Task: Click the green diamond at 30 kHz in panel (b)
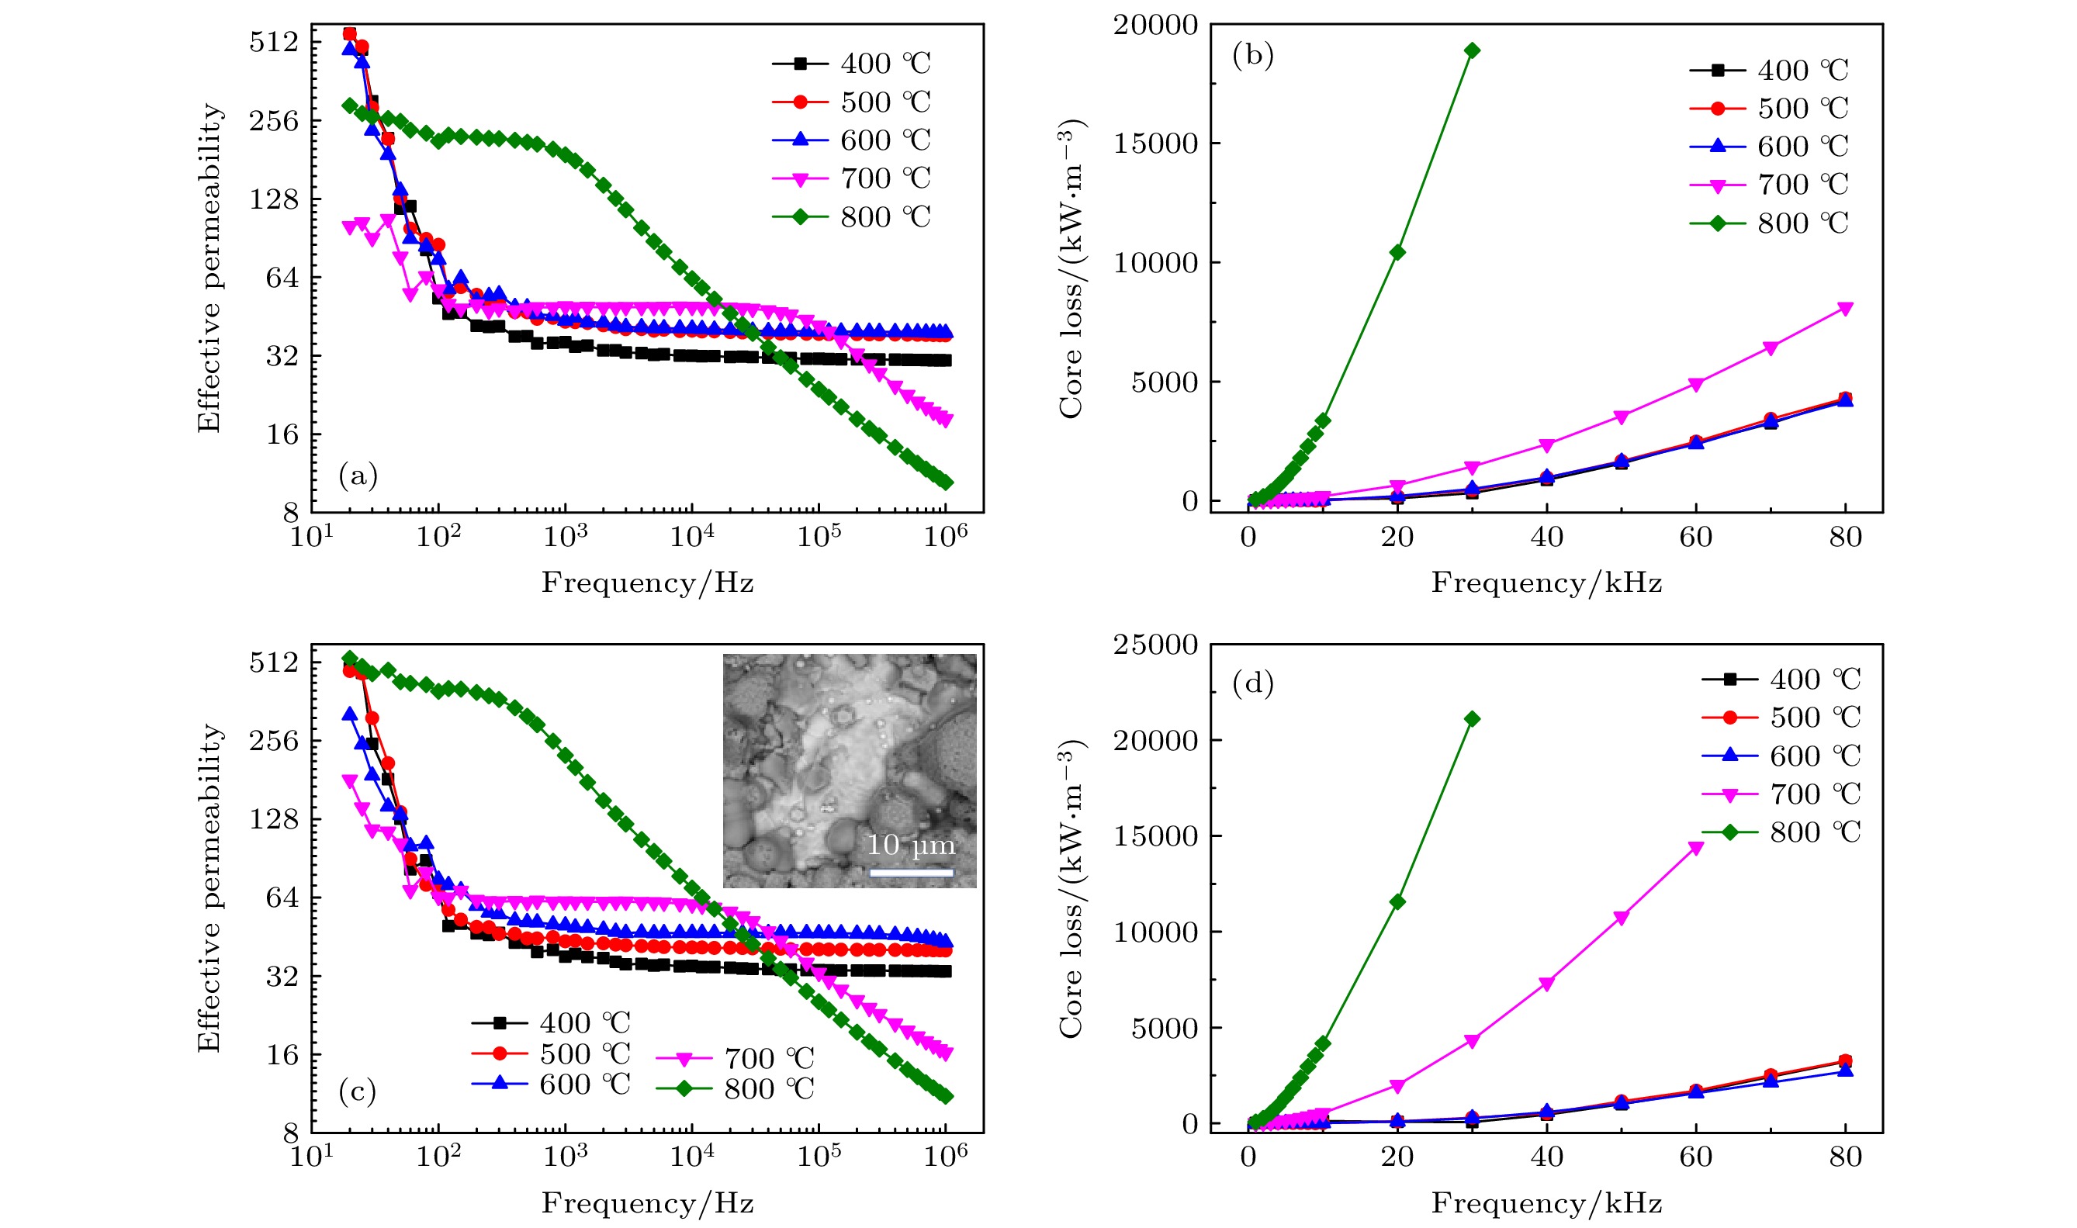[x=1472, y=50]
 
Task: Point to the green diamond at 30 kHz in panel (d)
[x=1472, y=719]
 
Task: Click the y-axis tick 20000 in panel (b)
[x=1155, y=25]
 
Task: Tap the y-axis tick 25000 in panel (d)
[x=1155, y=644]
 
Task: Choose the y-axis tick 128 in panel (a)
[x=274, y=199]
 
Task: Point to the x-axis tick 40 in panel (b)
[x=1546, y=537]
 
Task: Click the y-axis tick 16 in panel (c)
[x=282, y=1054]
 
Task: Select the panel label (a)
[x=358, y=476]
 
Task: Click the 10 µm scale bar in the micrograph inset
[x=911, y=872]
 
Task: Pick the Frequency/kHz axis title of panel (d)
[x=1546, y=1202]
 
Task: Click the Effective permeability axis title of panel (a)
[x=209, y=268]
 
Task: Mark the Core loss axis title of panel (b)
[x=1071, y=268]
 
